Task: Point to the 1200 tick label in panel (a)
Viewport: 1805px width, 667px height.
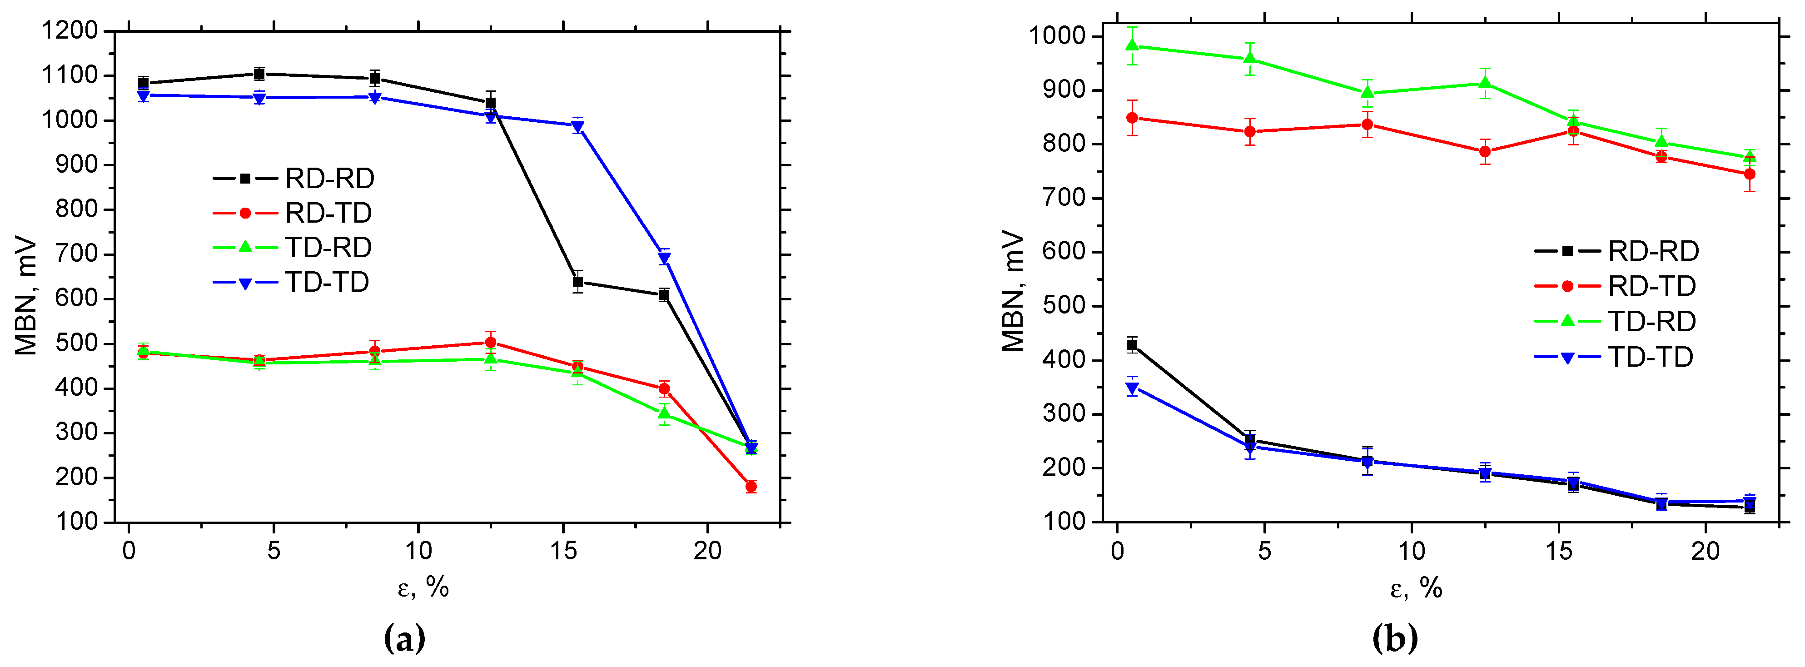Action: (x=69, y=31)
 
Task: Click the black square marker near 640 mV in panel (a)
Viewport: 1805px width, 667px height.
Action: (x=578, y=282)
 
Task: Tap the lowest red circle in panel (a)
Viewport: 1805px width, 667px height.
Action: (x=751, y=486)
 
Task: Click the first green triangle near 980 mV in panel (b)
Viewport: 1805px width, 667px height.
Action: (x=1132, y=45)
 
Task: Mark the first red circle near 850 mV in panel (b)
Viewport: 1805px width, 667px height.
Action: (x=1132, y=118)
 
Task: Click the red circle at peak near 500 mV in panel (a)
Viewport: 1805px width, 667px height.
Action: (x=491, y=342)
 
